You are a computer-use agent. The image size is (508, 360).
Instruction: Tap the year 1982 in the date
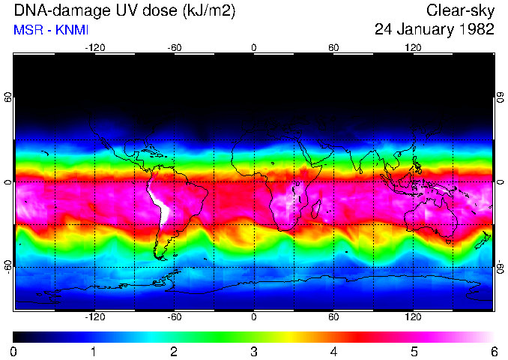476,30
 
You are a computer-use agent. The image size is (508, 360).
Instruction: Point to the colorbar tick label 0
14,351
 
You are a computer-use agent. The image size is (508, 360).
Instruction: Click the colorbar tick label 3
254,351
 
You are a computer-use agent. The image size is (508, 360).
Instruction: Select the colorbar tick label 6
493,351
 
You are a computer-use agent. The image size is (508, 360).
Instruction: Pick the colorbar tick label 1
94,351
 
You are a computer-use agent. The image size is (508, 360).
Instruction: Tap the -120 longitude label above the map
94,48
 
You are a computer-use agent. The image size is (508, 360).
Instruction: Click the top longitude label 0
254,48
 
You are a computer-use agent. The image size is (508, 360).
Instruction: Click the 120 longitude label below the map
413,317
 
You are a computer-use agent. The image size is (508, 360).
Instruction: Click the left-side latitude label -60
8,266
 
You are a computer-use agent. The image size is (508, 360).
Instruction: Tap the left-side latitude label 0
8,182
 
